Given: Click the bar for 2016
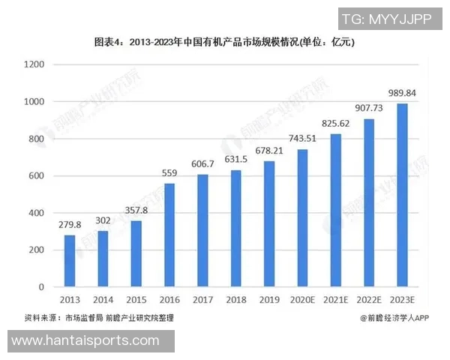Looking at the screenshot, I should point(169,235).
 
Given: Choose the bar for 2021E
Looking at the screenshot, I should point(337,210).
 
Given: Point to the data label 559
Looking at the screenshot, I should point(169,173).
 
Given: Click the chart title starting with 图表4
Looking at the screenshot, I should point(224,43).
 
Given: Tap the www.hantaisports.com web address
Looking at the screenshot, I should point(86,340).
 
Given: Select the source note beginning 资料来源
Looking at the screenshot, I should point(99,318).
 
